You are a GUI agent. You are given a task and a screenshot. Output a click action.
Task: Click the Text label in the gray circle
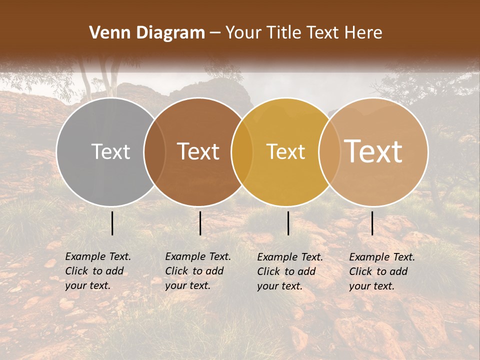click(x=110, y=151)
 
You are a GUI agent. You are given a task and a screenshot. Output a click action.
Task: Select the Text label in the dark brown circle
click(x=198, y=151)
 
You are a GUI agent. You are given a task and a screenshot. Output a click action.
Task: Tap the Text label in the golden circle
click(x=285, y=151)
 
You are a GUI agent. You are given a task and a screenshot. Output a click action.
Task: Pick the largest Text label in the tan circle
click(x=373, y=151)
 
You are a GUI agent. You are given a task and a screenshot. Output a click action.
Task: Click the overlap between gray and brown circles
click(x=154, y=151)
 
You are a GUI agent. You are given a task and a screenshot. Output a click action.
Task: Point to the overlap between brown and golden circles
click(x=242, y=151)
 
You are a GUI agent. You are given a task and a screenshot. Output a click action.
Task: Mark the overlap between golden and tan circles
click(x=329, y=151)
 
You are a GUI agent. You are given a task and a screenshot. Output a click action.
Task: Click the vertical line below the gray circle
click(x=112, y=223)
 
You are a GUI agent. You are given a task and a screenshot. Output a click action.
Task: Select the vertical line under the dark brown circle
click(x=200, y=223)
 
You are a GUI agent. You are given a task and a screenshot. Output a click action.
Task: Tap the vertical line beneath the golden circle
click(x=288, y=223)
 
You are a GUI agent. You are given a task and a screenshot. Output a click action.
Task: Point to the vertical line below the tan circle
click(x=372, y=223)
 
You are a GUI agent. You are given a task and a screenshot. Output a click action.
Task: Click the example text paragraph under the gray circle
click(x=97, y=271)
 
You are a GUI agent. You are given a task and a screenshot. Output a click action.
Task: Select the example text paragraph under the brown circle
click(x=197, y=271)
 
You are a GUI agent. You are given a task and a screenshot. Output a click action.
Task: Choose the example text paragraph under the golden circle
click(x=289, y=271)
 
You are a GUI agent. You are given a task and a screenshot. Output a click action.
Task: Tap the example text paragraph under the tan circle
click(x=381, y=271)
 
